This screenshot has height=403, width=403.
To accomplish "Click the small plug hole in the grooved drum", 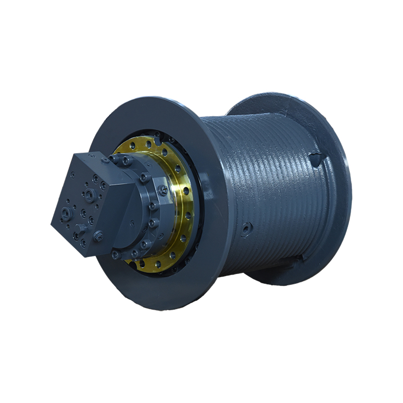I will [245, 229].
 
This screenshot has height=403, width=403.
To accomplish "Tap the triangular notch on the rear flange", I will [316, 160].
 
